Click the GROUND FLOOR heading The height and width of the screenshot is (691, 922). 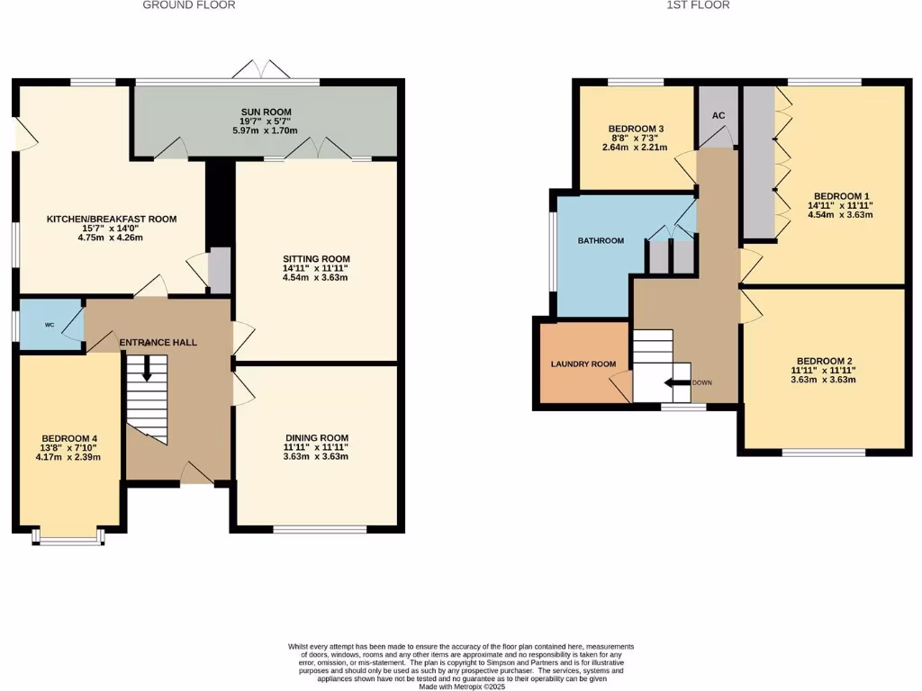[189, 5]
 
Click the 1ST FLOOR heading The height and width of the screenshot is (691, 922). [698, 5]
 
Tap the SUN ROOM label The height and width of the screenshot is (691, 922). [265, 112]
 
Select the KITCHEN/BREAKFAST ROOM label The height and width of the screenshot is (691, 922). [112, 219]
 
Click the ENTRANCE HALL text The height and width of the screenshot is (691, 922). [158, 343]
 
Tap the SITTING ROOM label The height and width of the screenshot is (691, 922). [315, 258]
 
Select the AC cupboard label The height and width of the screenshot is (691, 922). [719, 116]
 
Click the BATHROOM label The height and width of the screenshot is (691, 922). [601, 241]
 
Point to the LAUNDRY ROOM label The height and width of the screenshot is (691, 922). [583, 364]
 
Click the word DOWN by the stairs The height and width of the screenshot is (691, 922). [702, 383]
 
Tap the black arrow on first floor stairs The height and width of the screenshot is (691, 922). [676, 383]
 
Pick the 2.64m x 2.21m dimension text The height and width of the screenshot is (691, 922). [636, 148]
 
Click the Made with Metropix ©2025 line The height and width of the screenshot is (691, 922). [460, 687]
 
